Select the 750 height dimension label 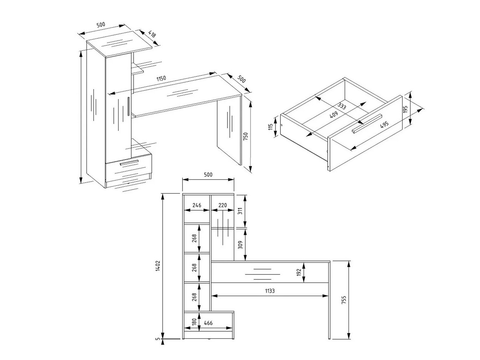245,137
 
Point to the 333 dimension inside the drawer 341,106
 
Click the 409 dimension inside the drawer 333,115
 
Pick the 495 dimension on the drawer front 384,124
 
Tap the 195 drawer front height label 405,110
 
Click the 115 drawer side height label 271,127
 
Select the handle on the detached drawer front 367,124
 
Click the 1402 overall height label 158,265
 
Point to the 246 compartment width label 197,205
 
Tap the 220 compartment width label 222,205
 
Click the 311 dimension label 240,211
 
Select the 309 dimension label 240,245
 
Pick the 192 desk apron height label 299,272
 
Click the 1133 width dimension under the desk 269,291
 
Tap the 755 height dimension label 343,300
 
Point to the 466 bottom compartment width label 208,323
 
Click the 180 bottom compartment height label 194,322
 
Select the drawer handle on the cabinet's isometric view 129,163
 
